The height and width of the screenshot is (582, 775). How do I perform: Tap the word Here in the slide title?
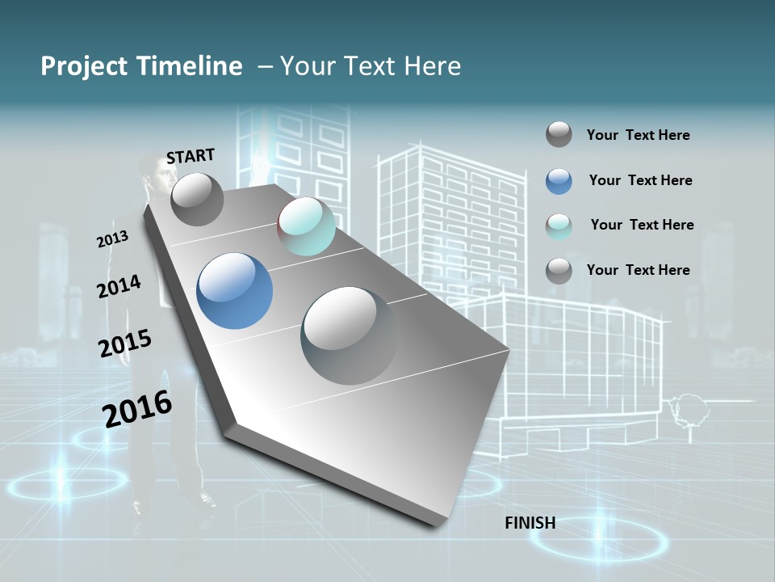click(x=432, y=66)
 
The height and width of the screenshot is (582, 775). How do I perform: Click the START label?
click(x=191, y=156)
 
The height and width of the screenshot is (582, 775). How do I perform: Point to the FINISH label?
click(x=530, y=523)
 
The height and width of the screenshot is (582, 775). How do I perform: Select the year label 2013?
click(x=112, y=239)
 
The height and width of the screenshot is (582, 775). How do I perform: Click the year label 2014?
click(x=119, y=286)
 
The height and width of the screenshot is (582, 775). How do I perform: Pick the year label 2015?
click(x=124, y=344)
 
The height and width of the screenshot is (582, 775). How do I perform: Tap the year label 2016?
click(x=137, y=408)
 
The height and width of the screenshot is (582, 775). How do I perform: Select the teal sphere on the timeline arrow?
click(x=306, y=226)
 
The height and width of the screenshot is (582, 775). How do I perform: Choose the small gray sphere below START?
click(x=197, y=199)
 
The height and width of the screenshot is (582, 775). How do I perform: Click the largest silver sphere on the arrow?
click(x=349, y=335)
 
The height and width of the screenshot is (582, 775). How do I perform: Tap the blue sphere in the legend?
click(x=559, y=181)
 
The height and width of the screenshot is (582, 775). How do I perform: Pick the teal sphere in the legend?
click(x=559, y=226)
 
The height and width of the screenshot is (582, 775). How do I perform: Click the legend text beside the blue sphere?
click(x=640, y=180)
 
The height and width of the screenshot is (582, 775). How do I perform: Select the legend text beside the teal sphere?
click(x=642, y=225)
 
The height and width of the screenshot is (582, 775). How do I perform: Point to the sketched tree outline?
click(x=688, y=408)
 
